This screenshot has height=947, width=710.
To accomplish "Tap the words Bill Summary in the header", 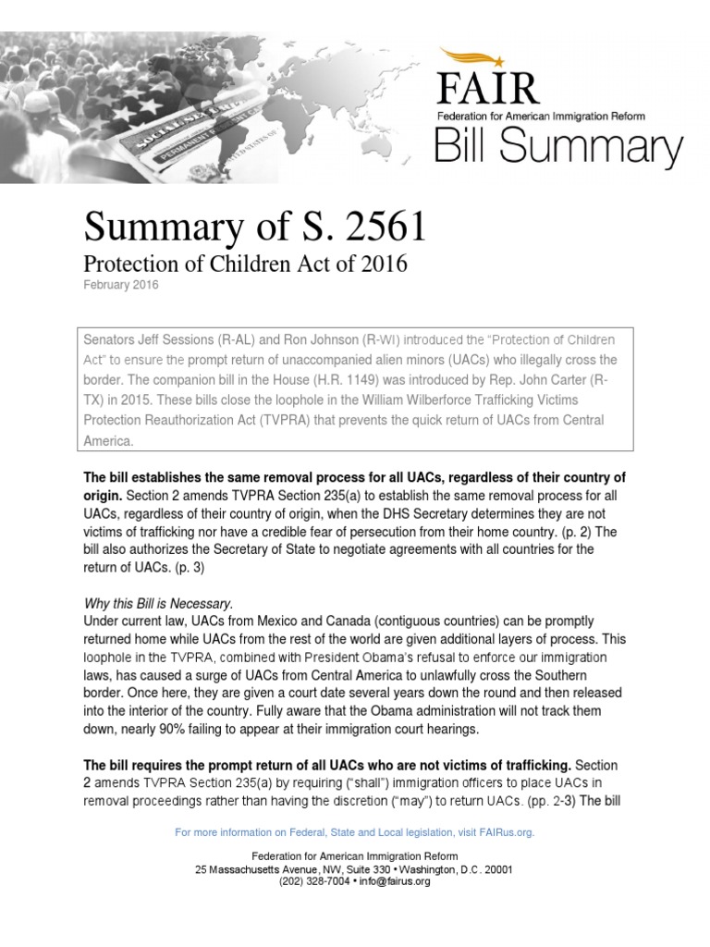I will point(558,148).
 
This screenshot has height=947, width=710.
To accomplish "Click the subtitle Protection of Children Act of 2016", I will point(246,264).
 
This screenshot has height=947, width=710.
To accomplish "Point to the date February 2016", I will point(121,286).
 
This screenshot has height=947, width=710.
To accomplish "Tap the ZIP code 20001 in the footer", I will point(495,869).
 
